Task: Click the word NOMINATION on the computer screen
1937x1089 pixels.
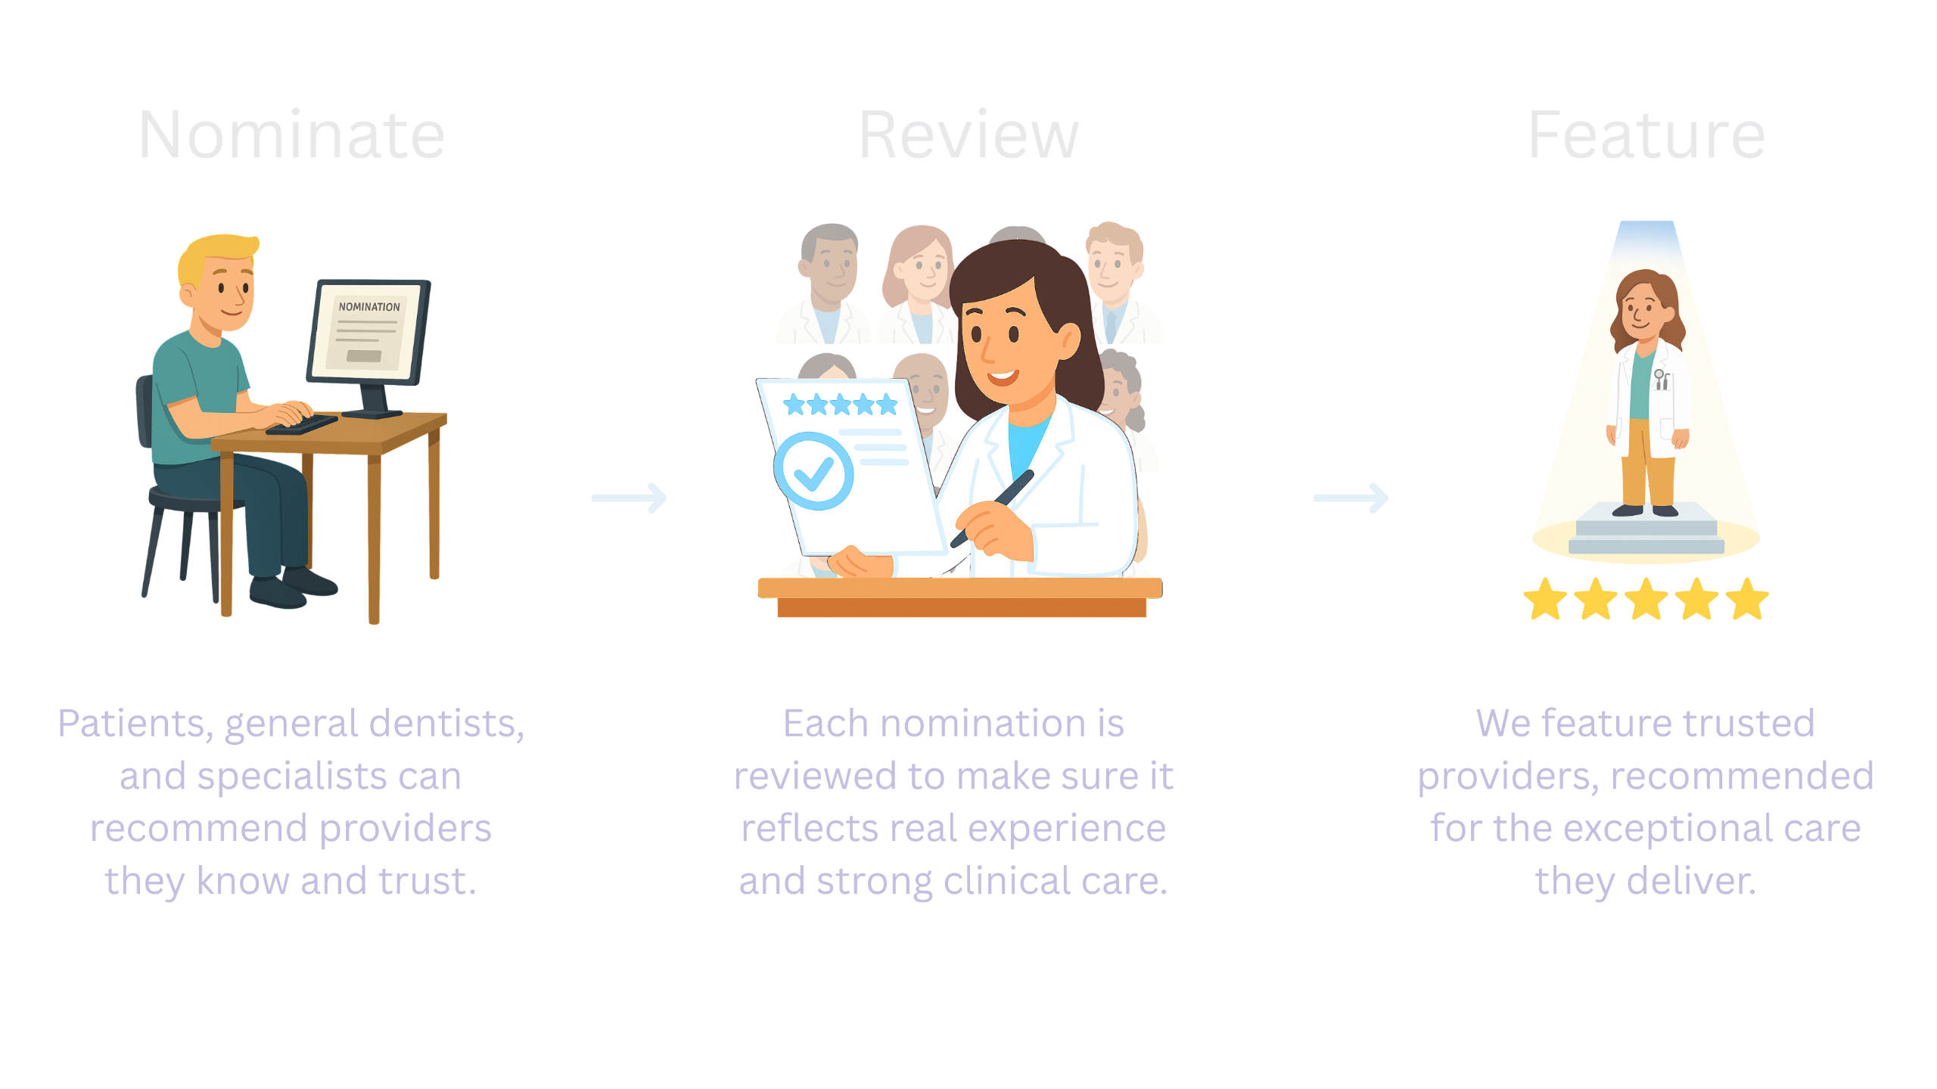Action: click(x=369, y=306)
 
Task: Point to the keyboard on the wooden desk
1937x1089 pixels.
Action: click(x=301, y=425)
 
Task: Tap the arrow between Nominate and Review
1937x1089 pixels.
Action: click(x=630, y=498)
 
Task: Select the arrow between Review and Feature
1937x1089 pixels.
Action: click(x=1351, y=498)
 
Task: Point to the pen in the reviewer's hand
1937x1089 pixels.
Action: click(x=992, y=507)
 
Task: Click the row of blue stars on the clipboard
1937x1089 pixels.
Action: click(x=841, y=405)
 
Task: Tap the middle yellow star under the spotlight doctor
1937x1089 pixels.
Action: click(x=1646, y=599)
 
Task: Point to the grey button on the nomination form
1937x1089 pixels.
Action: click(x=364, y=356)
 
